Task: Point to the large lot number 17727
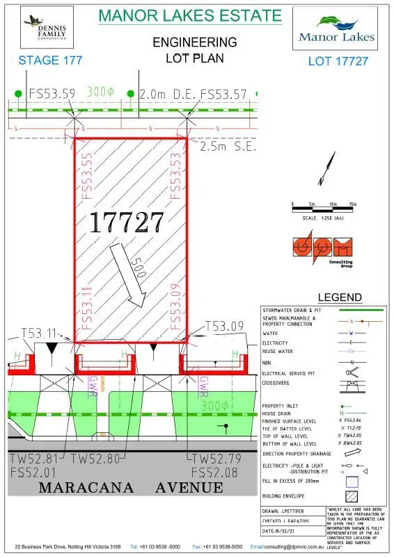click(x=126, y=222)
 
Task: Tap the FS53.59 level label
click(x=52, y=93)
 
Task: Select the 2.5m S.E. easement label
click(x=228, y=148)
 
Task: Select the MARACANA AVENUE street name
click(x=131, y=487)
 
